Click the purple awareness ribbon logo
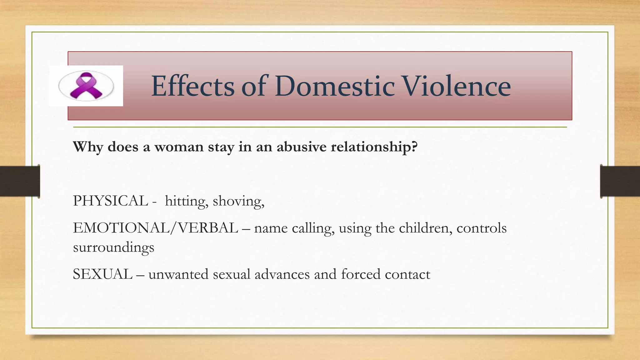86,86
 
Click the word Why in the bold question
88,147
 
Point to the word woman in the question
179,147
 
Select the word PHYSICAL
110,201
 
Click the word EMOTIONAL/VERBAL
156,228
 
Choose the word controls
481,228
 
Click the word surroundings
114,248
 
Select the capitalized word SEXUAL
103,274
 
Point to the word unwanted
178,274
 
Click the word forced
361,274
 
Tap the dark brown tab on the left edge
20,181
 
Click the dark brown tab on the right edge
620,181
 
